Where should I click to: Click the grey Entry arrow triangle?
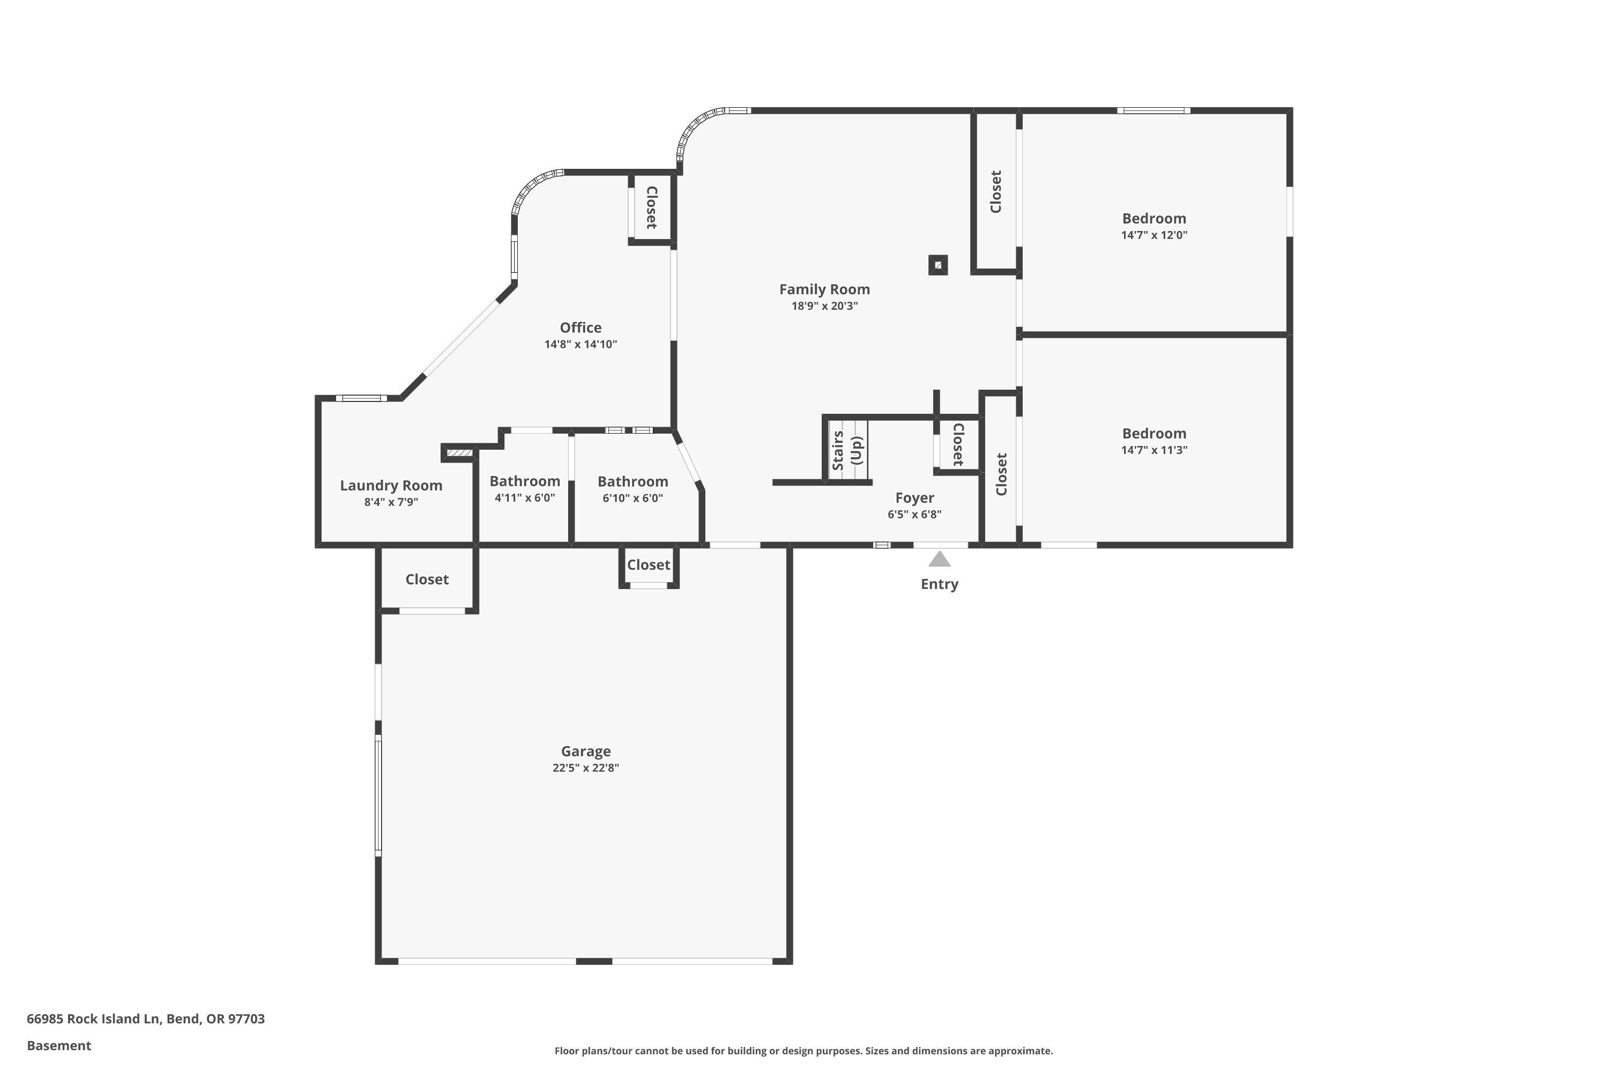[940, 560]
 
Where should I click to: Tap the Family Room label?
[824, 289]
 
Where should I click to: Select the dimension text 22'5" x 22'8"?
[586, 768]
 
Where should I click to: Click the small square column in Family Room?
[938, 265]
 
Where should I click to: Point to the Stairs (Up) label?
[847, 450]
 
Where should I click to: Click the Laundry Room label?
[391, 486]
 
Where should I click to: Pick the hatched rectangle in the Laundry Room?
[459, 452]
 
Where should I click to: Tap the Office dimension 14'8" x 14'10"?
[580, 345]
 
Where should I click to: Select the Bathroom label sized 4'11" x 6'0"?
[524, 481]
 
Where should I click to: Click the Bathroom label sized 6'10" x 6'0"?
[632, 482]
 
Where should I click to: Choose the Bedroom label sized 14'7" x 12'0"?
[1154, 219]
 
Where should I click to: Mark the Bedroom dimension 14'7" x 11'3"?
[1154, 450]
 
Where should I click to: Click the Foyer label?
[915, 498]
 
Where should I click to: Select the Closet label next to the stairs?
[958, 444]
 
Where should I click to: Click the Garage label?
[586, 751]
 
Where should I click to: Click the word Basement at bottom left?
[59, 1045]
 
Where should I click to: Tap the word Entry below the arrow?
[940, 584]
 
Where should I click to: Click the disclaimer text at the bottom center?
[803, 1051]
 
